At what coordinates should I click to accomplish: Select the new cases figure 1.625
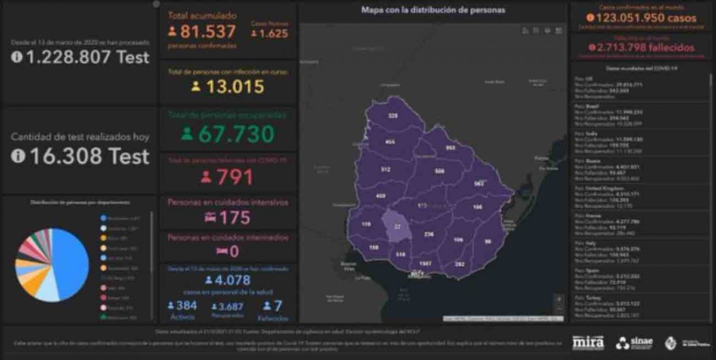tap(273, 33)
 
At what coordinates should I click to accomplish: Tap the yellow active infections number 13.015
tap(234, 87)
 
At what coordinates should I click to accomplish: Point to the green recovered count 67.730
tap(236, 134)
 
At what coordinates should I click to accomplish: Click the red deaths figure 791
tap(234, 177)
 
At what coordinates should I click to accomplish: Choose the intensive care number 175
tap(234, 217)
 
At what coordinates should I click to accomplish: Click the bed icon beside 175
tap(210, 217)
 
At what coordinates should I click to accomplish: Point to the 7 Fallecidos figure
tap(277, 305)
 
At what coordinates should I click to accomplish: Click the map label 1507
tap(425, 263)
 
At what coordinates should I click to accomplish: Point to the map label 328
tap(393, 116)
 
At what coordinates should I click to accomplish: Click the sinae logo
tap(635, 343)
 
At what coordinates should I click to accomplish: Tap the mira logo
tap(588, 343)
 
